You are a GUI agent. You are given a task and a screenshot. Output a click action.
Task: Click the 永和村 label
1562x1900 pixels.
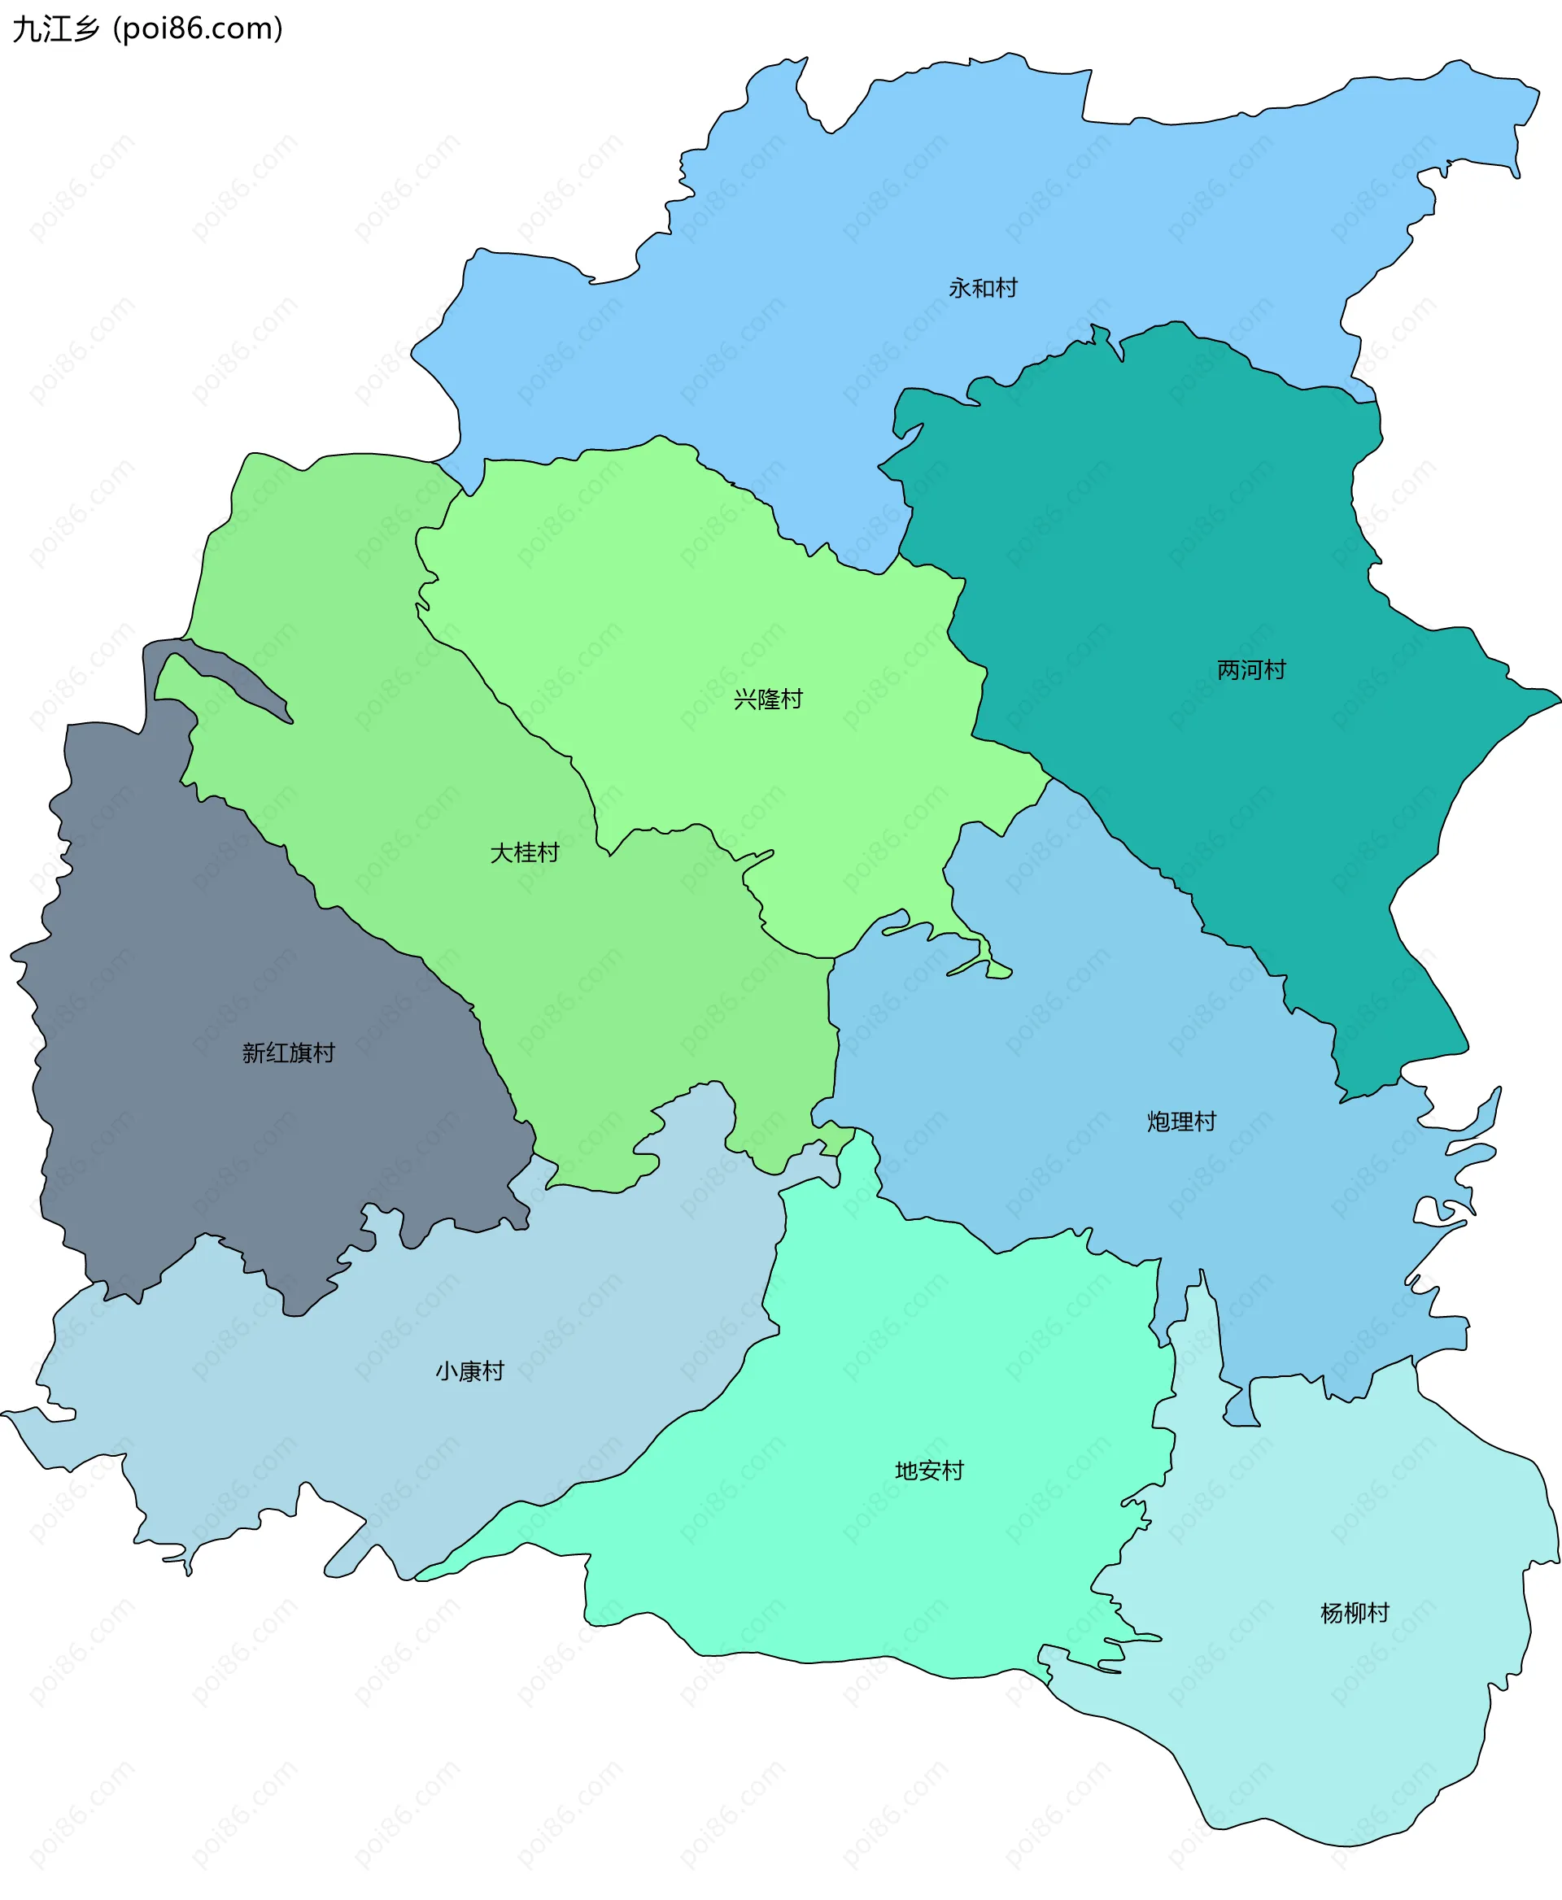click(x=983, y=288)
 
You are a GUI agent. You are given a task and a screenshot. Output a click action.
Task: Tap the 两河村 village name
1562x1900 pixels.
click(x=1250, y=669)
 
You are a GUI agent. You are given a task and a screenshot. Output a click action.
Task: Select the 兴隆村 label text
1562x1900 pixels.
click(x=767, y=699)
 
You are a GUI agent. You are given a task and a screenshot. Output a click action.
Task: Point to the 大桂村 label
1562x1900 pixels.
click(x=525, y=852)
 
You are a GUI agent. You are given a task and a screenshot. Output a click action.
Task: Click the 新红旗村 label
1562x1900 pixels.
click(x=288, y=1052)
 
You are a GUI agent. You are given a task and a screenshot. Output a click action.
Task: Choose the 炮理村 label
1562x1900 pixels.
click(x=1181, y=1121)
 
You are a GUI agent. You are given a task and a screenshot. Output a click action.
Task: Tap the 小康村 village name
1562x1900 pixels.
click(x=469, y=1371)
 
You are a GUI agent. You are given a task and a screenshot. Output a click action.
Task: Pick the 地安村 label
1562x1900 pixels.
click(x=928, y=1471)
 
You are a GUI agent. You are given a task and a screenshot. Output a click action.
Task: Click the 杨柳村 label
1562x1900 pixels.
click(x=1355, y=1613)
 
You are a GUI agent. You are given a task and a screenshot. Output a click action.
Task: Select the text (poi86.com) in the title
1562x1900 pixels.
click(x=198, y=28)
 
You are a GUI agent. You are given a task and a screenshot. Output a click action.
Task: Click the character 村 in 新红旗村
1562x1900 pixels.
click(x=324, y=1052)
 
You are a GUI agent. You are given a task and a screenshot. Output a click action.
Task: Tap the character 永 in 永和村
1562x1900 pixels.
click(x=960, y=288)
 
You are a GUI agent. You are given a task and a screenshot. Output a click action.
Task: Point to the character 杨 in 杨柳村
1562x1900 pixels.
click(x=1332, y=1613)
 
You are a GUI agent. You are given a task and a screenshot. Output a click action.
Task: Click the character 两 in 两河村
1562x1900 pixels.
click(x=1228, y=669)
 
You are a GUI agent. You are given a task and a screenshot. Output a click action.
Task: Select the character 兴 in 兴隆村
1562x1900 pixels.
click(x=745, y=699)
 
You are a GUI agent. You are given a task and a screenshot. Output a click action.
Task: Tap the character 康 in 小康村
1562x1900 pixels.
click(x=469, y=1371)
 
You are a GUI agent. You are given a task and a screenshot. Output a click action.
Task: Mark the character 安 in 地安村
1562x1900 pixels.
click(x=928, y=1471)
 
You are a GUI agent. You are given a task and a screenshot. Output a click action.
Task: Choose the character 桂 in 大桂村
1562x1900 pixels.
click(x=525, y=852)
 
